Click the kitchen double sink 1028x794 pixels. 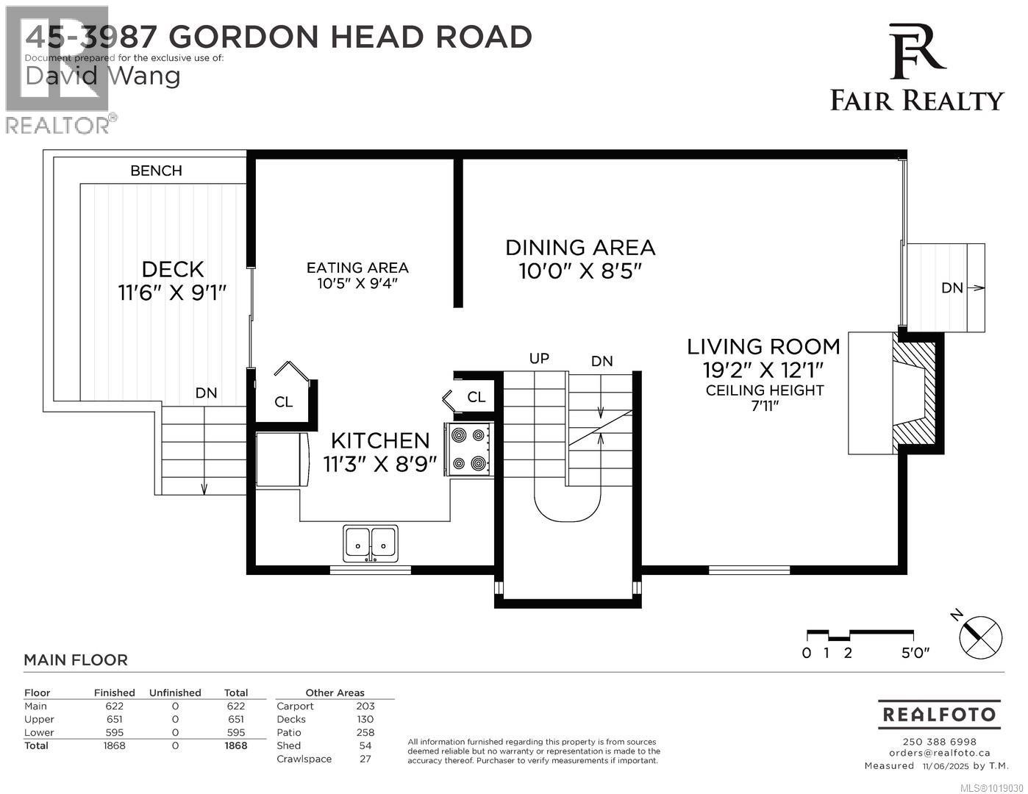[371, 544]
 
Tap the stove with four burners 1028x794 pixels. [468, 449]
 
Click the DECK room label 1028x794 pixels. [173, 269]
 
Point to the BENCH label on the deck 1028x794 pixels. [156, 171]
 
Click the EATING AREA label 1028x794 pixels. [357, 268]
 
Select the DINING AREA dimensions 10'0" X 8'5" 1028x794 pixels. [580, 271]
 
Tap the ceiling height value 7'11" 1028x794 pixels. [765, 406]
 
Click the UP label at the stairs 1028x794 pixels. [539, 359]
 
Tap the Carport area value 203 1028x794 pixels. [365, 706]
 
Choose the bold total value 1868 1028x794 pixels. [235, 745]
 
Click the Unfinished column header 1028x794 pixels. [175, 693]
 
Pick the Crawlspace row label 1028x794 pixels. [304, 759]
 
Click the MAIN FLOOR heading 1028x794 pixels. [76, 660]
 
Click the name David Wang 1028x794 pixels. [103, 76]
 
